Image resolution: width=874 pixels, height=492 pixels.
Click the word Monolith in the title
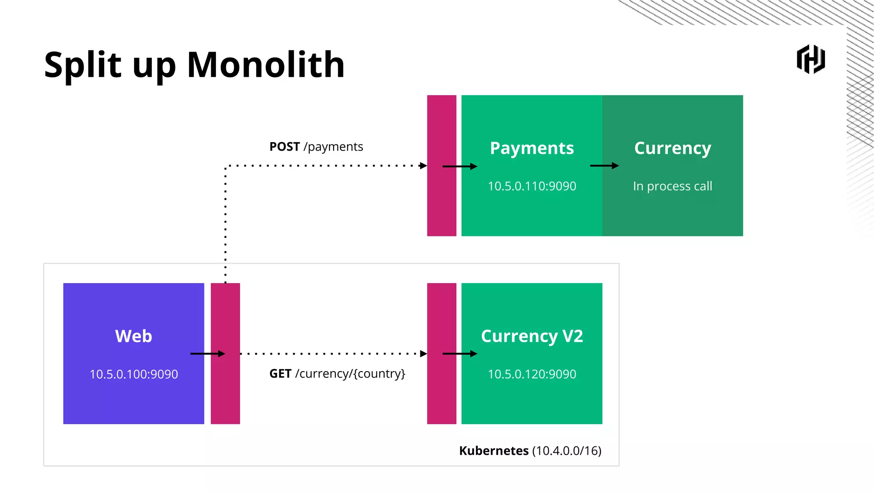265,65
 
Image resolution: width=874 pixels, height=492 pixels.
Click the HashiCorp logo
810,59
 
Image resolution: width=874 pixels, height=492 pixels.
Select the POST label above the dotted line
284,147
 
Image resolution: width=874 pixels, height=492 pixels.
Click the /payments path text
333,147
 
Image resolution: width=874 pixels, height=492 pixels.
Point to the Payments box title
532,148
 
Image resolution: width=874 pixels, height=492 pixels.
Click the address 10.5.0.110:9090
532,186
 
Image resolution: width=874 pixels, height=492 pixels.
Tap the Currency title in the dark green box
673,148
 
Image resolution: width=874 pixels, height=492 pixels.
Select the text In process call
673,186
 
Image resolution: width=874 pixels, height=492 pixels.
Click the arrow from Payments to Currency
604,166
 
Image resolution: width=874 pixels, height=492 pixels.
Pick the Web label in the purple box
134,336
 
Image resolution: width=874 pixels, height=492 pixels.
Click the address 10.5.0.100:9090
134,374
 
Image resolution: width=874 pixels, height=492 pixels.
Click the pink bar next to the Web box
225,384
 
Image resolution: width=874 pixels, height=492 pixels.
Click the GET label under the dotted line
280,374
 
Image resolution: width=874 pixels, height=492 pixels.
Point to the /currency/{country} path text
350,374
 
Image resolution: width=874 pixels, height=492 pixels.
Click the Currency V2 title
532,336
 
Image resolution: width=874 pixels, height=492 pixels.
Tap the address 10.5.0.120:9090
532,374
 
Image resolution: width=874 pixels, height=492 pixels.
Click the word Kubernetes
494,451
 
